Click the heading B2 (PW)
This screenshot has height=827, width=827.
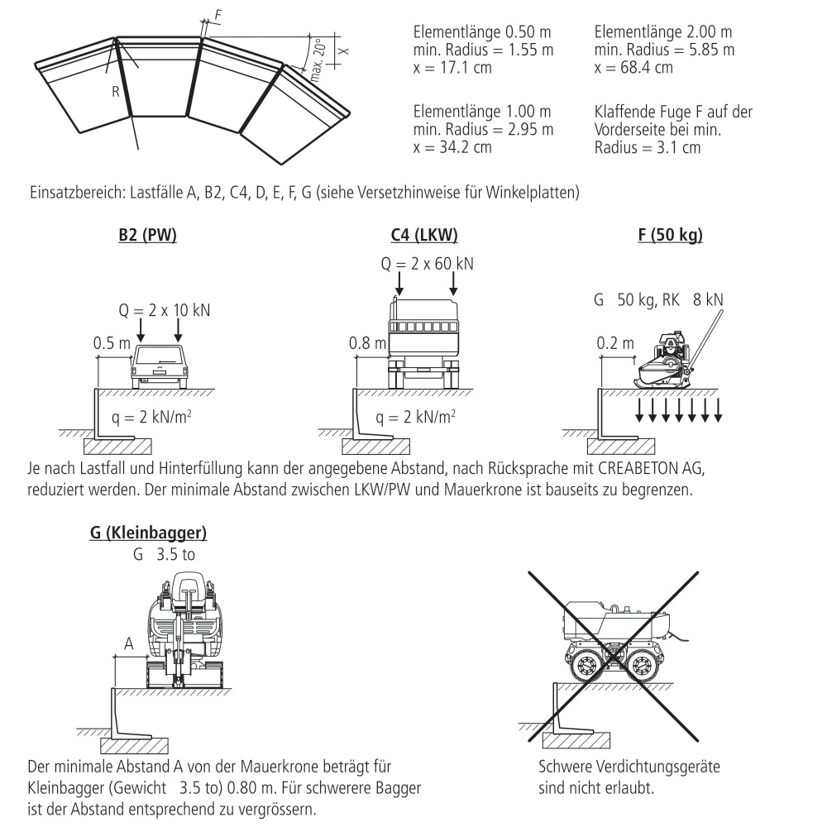(x=147, y=236)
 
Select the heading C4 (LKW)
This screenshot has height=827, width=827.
(x=424, y=236)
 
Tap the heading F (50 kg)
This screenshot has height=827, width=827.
(x=670, y=236)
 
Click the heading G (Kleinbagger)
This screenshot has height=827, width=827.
(x=148, y=533)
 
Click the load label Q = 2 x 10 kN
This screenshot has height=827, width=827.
(x=164, y=310)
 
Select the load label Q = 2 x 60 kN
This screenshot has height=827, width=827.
(x=428, y=265)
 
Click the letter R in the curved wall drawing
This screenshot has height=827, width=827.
(x=116, y=92)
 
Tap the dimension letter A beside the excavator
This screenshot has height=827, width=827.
(x=127, y=643)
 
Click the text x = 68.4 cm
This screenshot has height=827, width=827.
(x=633, y=67)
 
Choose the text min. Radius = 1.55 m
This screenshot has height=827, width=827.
(x=483, y=50)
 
